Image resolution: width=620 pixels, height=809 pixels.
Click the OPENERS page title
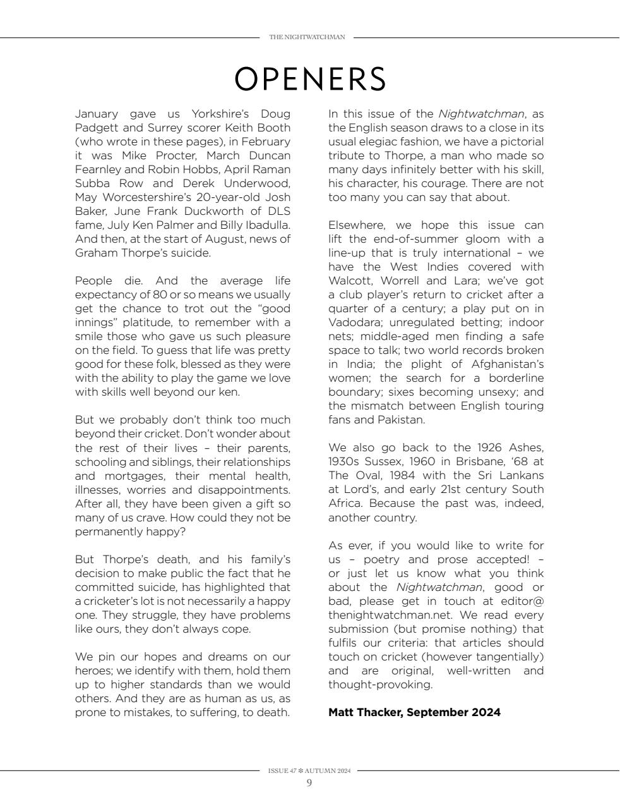pyautogui.click(x=309, y=79)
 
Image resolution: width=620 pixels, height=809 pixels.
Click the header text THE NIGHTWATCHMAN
pyautogui.click(x=307, y=37)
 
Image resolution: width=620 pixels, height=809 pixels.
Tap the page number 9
pyautogui.click(x=309, y=783)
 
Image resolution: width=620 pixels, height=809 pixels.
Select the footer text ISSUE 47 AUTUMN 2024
pyautogui.click(x=309, y=771)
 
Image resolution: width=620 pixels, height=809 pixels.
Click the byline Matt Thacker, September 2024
pyautogui.click(x=414, y=712)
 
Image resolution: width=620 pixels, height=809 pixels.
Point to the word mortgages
pyautogui.click(x=138, y=476)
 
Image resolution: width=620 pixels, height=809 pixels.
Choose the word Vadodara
pyautogui.click(x=352, y=322)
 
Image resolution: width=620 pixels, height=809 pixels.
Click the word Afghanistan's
pyautogui.click(x=508, y=364)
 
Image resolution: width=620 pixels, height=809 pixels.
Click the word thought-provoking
pyautogui.click(x=380, y=684)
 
